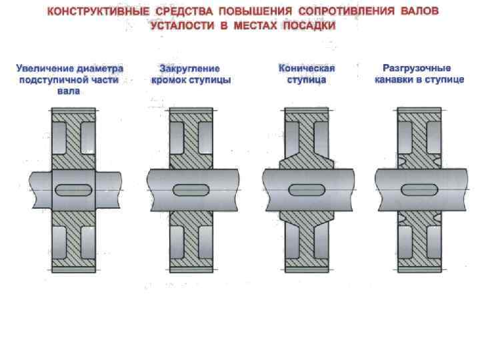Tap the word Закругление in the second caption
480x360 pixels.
point(191,69)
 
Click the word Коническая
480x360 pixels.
point(307,69)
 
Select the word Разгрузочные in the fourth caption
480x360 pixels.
point(417,69)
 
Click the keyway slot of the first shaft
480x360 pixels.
point(74,189)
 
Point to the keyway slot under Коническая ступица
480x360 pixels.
point(306,189)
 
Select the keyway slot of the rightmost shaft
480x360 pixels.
point(419,189)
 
